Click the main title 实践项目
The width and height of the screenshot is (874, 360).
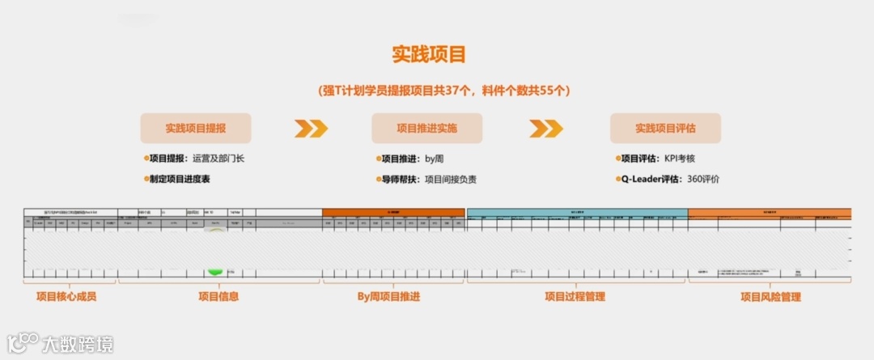[x=428, y=55]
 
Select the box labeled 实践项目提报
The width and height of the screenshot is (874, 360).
[x=196, y=128]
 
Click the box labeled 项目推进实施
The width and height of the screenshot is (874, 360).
[x=426, y=128]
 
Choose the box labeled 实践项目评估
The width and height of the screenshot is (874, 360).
[x=665, y=128]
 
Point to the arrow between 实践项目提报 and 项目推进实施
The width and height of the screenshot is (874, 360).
[x=311, y=129]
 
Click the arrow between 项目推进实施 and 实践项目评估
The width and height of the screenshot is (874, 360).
[x=546, y=129]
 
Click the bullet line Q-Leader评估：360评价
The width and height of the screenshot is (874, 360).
[x=667, y=179]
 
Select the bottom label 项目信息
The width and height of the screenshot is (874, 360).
[x=218, y=296]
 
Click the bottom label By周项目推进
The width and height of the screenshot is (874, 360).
[x=388, y=296]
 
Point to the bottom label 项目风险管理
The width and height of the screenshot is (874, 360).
[x=770, y=296]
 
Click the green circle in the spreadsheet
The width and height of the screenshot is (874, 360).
[x=215, y=270]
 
